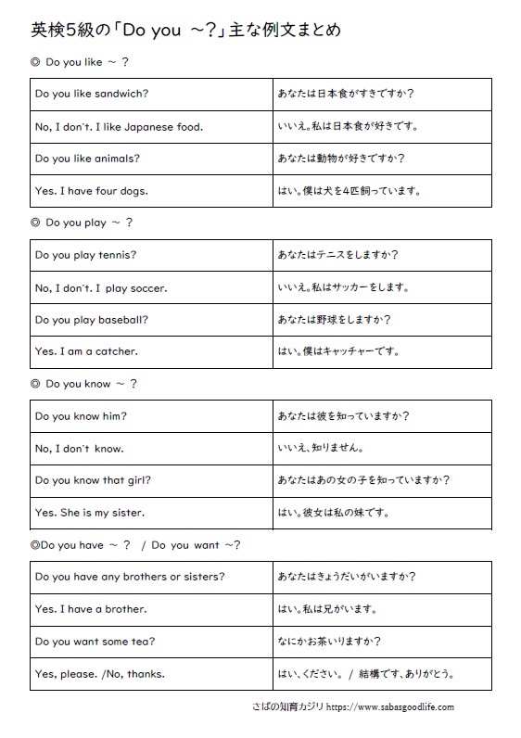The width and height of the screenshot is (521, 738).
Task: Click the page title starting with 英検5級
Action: [185, 30]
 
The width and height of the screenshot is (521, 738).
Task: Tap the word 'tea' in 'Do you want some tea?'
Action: [139, 642]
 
